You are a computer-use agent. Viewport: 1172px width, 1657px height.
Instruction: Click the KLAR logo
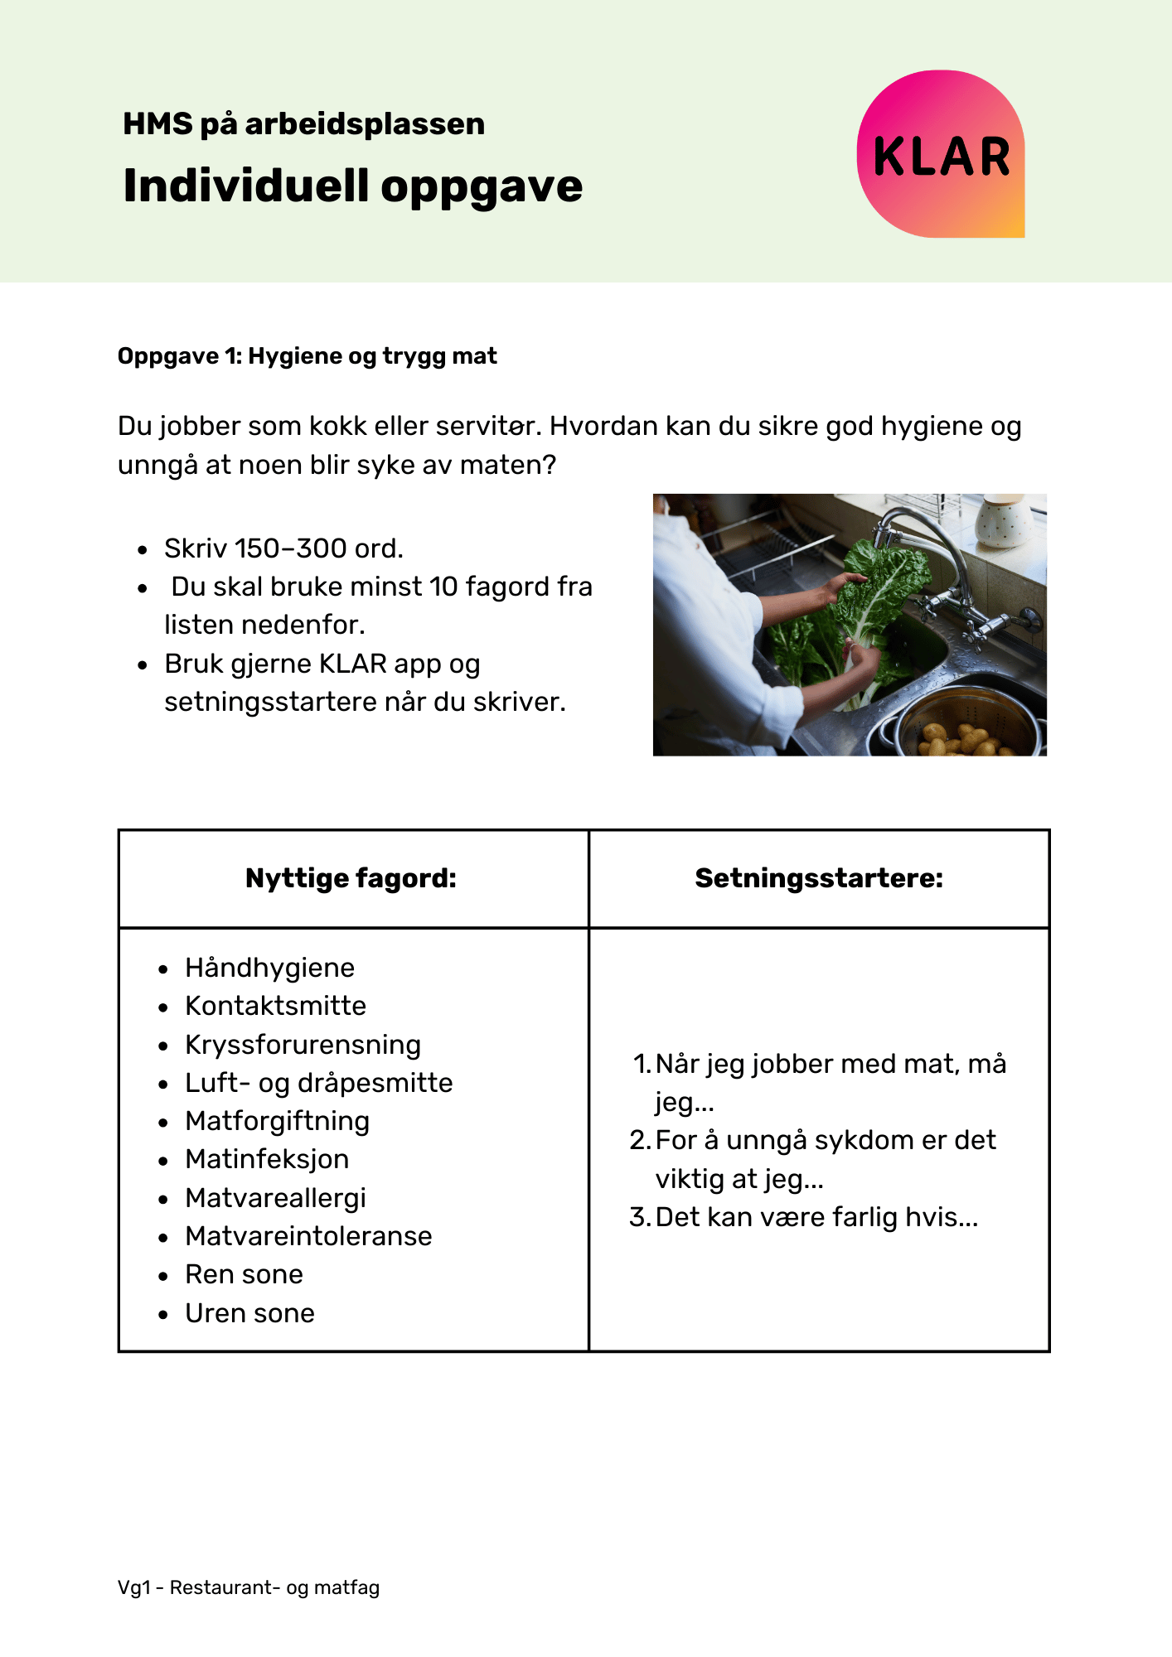pyautogui.click(x=941, y=155)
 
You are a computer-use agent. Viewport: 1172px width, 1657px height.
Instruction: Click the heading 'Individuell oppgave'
pyautogui.click(x=352, y=186)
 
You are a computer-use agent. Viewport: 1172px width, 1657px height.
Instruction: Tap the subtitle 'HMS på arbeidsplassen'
pyautogui.click(x=303, y=124)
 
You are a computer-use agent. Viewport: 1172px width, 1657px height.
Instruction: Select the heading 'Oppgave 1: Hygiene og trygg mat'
pyautogui.click(x=307, y=356)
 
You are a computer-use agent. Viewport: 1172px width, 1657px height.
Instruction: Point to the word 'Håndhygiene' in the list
pyautogui.click(x=269, y=968)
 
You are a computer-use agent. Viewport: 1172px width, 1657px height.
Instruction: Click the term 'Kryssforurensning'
pyautogui.click(x=303, y=1045)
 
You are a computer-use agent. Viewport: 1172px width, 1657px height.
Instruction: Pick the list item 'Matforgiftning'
pyautogui.click(x=277, y=1121)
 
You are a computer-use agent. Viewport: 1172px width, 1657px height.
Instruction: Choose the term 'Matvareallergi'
pyautogui.click(x=275, y=1198)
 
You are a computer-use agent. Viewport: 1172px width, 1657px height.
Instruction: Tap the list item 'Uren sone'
pyautogui.click(x=249, y=1313)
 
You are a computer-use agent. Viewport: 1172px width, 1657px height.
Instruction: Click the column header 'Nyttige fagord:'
pyautogui.click(x=351, y=878)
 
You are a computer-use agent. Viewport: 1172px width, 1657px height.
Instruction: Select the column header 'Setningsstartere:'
pyautogui.click(x=819, y=878)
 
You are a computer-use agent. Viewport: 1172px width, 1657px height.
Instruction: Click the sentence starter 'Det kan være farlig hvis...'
pyautogui.click(x=816, y=1217)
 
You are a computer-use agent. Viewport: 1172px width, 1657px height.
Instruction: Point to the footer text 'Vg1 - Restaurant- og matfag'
pyautogui.click(x=249, y=1587)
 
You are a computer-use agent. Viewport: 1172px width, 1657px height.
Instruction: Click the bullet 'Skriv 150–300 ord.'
pyautogui.click(x=283, y=548)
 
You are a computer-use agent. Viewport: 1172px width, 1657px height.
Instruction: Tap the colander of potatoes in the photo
pyautogui.click(x=961, y=729)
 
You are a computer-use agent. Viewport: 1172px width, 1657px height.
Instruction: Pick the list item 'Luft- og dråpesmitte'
pyautogui.click(x=318, y=1083)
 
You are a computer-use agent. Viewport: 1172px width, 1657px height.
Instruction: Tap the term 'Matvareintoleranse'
pyautogui.click(x=308, y=1236)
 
